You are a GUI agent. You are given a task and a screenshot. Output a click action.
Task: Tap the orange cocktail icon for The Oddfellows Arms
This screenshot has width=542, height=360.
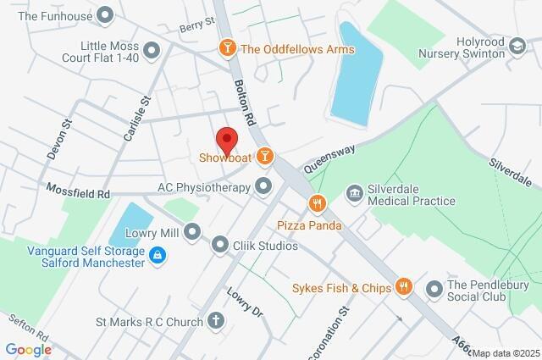click(227, 49)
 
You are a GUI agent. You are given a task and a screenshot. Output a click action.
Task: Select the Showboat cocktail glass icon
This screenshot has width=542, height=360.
click(265, 157)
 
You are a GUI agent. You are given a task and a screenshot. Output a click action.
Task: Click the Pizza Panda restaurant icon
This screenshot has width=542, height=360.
click(318, 202)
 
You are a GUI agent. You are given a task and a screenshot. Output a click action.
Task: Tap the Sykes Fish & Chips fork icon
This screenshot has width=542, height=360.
click(404, 288)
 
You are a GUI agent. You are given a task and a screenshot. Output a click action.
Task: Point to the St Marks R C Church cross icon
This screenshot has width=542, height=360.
click(217, 322)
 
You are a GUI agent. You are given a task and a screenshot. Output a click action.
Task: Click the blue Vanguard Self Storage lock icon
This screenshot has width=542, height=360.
click(158, 255)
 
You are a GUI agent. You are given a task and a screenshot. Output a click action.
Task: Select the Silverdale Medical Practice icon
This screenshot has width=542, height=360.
click(354, 194)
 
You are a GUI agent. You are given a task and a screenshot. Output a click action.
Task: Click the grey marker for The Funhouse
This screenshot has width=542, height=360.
click(106, 15)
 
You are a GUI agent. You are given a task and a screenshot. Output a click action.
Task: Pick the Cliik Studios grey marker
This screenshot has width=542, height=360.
click(219, 246)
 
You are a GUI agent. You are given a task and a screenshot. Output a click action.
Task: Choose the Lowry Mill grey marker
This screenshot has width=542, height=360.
click(193, 231)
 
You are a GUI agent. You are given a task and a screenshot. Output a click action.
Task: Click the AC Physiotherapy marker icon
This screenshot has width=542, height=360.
click(264, 186)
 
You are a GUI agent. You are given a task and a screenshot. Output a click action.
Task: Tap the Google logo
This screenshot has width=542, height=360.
click(28, 350)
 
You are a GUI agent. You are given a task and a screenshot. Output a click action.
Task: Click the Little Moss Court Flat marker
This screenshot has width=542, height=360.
click(152, 51)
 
